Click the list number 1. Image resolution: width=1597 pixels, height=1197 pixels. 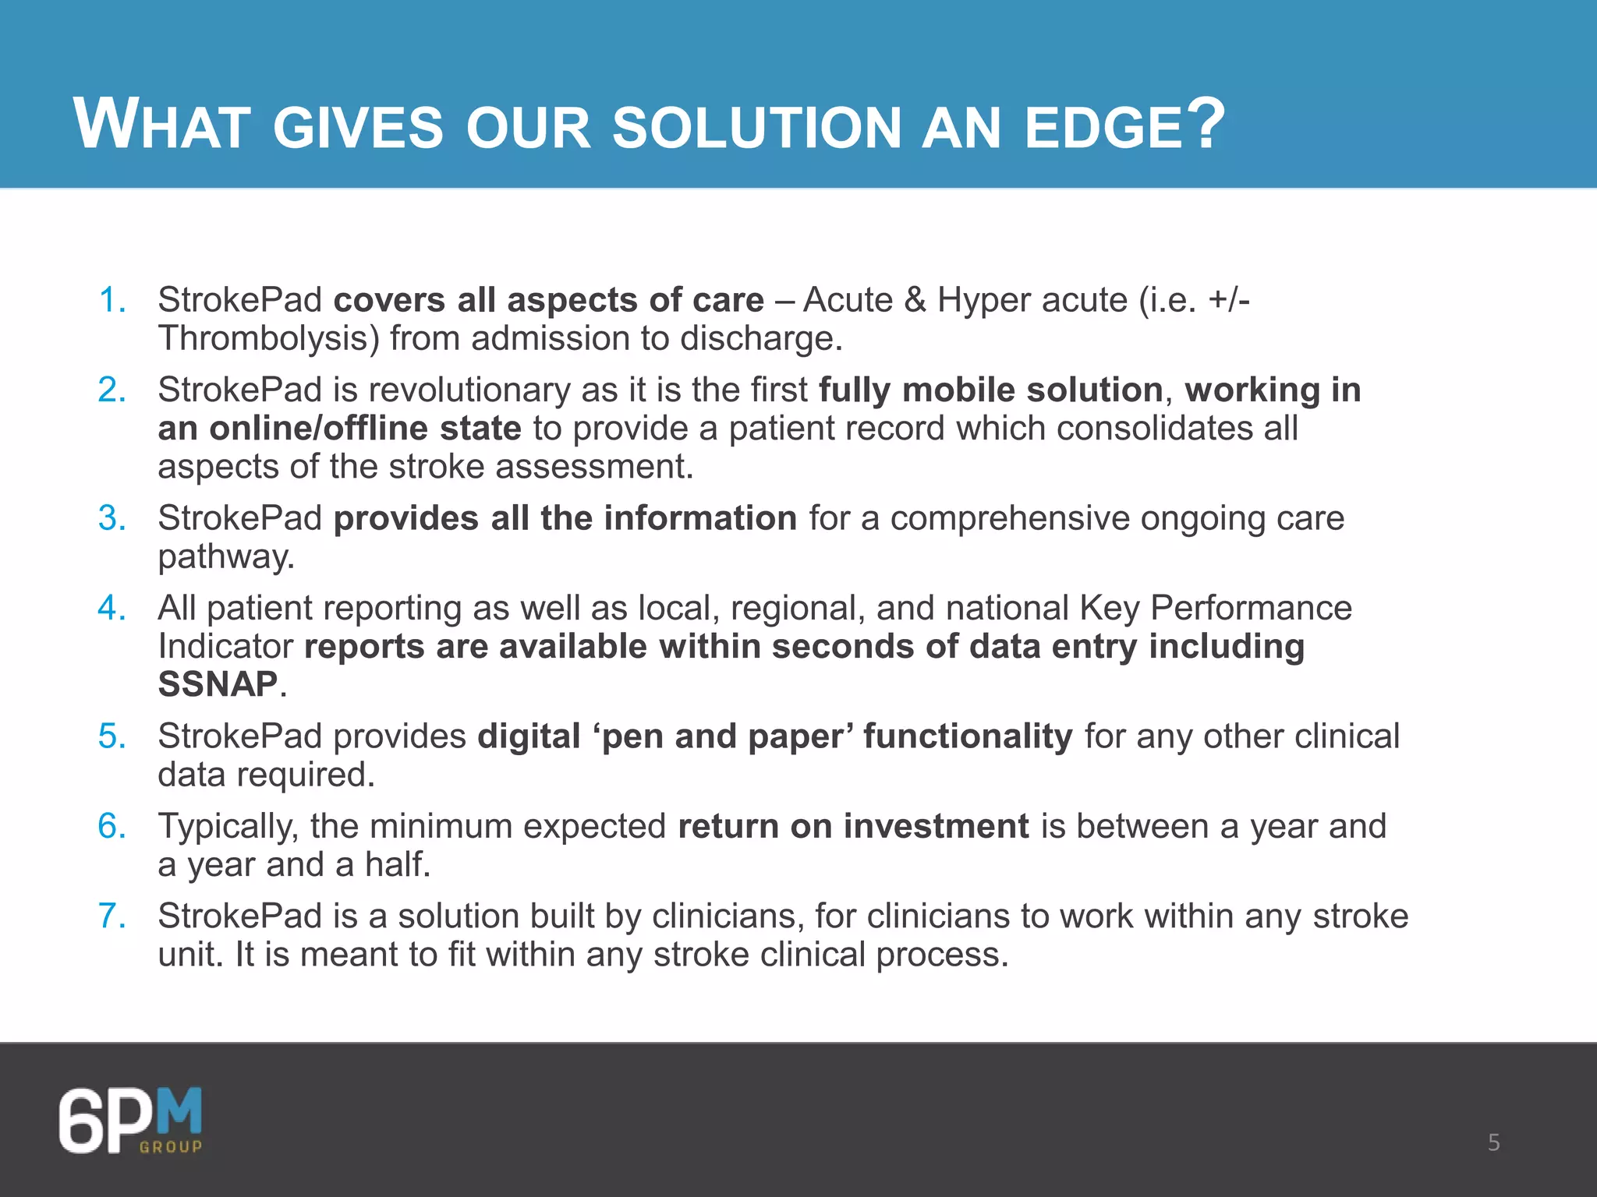point(112,300)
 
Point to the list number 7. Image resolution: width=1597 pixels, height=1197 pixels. point(112,916)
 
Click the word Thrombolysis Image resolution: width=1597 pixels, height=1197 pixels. point(268,339)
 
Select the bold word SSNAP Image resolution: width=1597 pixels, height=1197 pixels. point(218,684)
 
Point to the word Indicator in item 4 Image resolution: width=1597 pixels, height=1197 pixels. point(225,646)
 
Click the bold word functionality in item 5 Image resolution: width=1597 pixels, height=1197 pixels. point(967,736)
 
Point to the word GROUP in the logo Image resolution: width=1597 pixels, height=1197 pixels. point(171,1146)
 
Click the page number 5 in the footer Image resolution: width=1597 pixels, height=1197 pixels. point(1493,1142)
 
